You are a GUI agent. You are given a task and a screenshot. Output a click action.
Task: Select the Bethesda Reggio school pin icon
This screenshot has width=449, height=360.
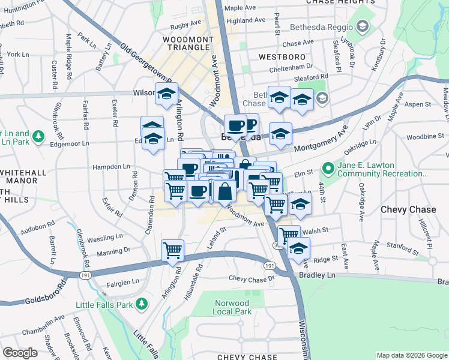click(362, 26)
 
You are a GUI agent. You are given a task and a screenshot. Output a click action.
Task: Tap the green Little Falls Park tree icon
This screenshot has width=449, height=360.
click(142, 304)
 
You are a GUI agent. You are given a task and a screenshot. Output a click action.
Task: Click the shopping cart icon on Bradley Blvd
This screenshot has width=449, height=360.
click(173, 250)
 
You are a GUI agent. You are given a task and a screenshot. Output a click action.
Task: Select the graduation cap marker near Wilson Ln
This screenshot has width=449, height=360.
click(166, 94)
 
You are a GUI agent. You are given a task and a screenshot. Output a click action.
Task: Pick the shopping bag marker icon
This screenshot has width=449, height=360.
click(225, 192)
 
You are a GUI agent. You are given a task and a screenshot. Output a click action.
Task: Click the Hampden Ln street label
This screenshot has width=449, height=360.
click(110, 166)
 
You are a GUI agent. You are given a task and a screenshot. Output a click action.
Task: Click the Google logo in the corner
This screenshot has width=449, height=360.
click(20, 352)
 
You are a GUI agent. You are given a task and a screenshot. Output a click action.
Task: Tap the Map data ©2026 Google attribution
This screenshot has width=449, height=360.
click(412, 355)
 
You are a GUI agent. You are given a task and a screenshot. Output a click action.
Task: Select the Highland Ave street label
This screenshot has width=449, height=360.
click(246, 20)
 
